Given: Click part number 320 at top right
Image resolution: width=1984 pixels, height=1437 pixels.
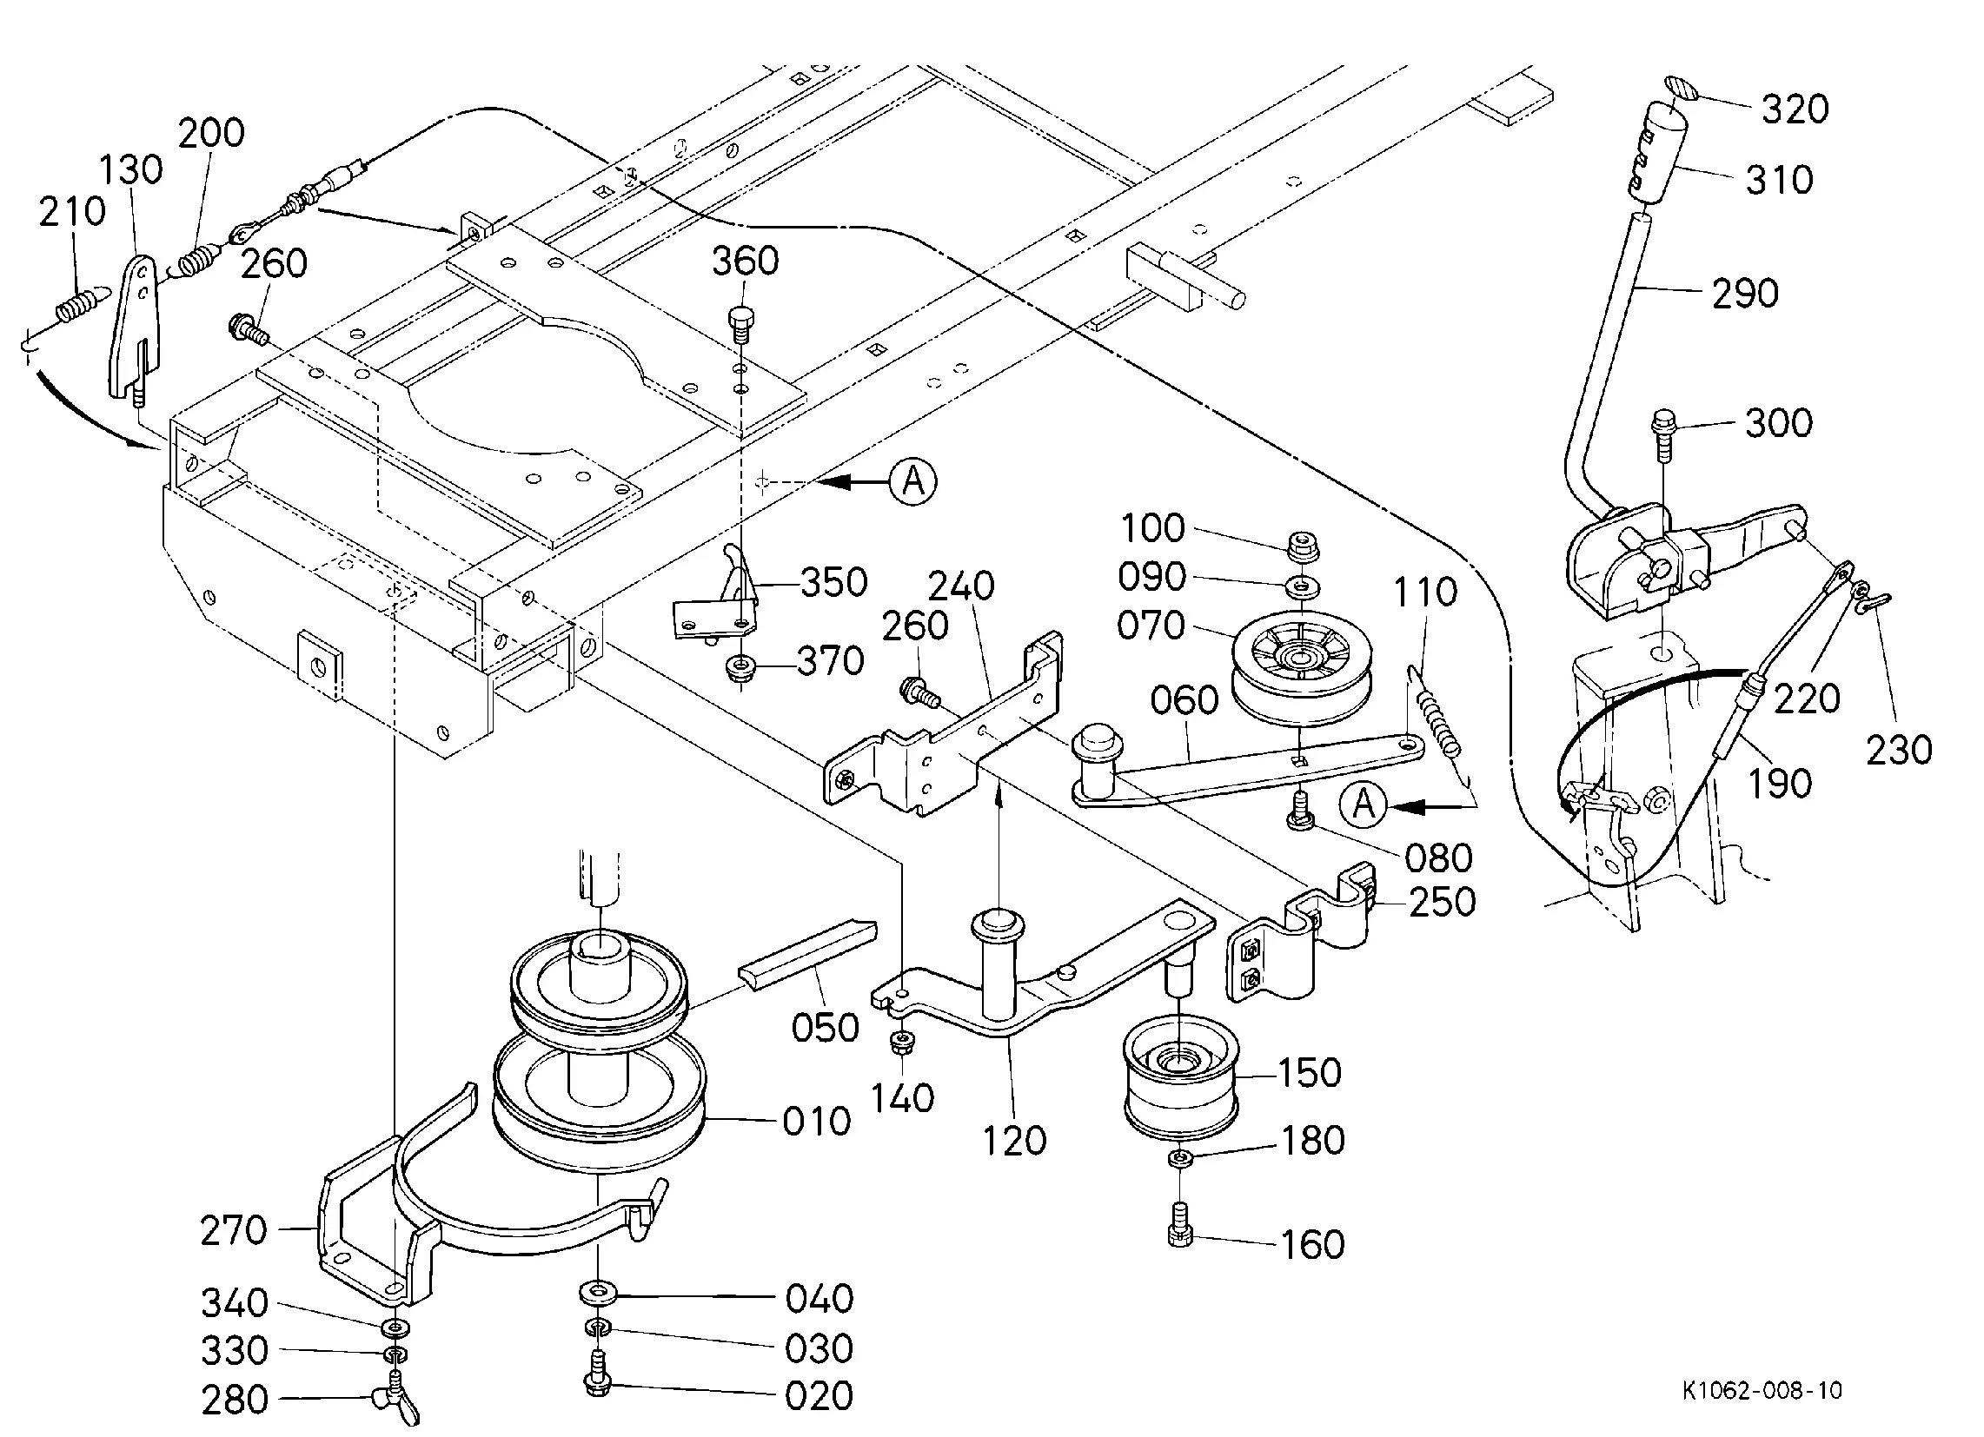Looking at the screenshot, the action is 1795,109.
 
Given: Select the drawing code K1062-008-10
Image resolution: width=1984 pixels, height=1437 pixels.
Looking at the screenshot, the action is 1762,1391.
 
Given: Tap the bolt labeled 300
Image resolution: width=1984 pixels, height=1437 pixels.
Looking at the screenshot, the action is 1662,437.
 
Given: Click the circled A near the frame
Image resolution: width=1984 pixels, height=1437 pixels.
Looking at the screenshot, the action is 913,481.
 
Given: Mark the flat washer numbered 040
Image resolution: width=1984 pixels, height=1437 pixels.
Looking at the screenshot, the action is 598,1290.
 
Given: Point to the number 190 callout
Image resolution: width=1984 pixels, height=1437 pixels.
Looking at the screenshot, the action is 1780,783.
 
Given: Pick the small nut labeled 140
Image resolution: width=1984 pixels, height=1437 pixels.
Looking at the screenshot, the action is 900,1043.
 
